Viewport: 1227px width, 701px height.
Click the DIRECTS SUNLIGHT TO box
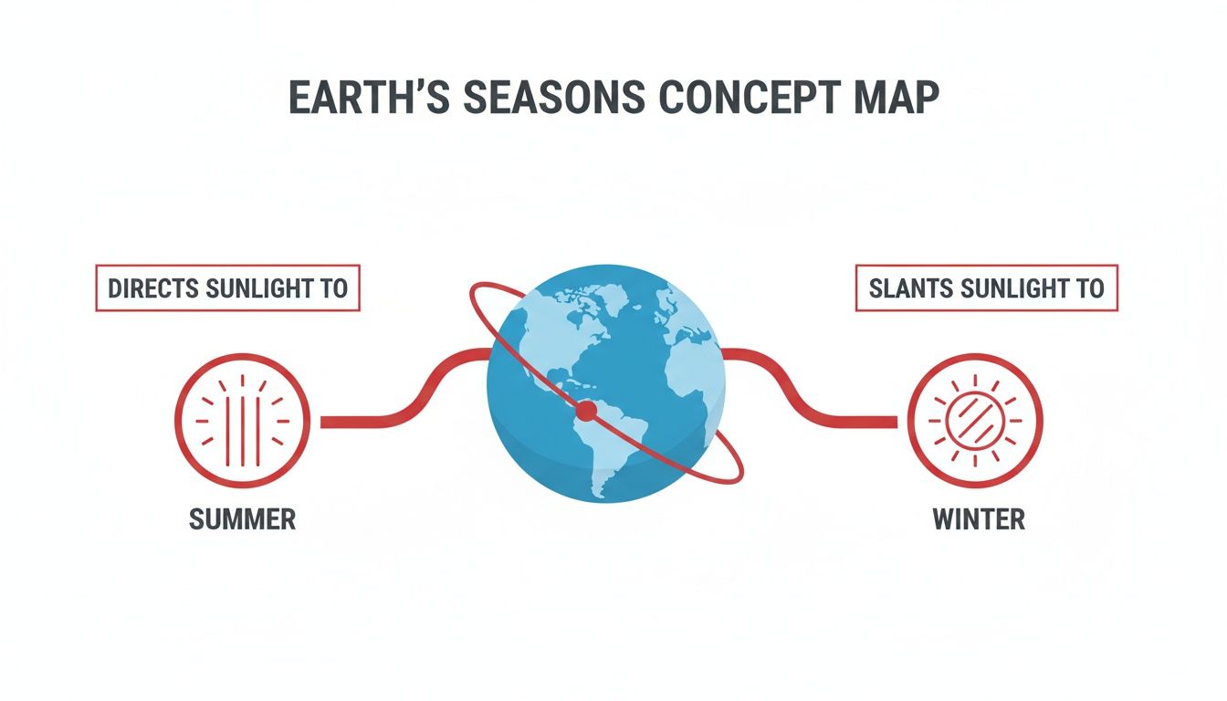pyautogui.click(x=227, y=288)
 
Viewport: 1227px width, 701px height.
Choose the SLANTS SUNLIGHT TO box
pyautogui.click(x=987, y=288)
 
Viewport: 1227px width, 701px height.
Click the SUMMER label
pyautogui.click(x=242, y=519)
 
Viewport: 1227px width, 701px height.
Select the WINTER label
pyautogui.click(x=979, y=519)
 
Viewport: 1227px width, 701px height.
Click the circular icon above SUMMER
pyautogui.click(x=242, y=421)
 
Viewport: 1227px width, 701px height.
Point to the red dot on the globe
pyautogui.click(x=586, y=413)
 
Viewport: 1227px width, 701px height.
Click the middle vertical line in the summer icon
pyautogui.click(x=242, y=421)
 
